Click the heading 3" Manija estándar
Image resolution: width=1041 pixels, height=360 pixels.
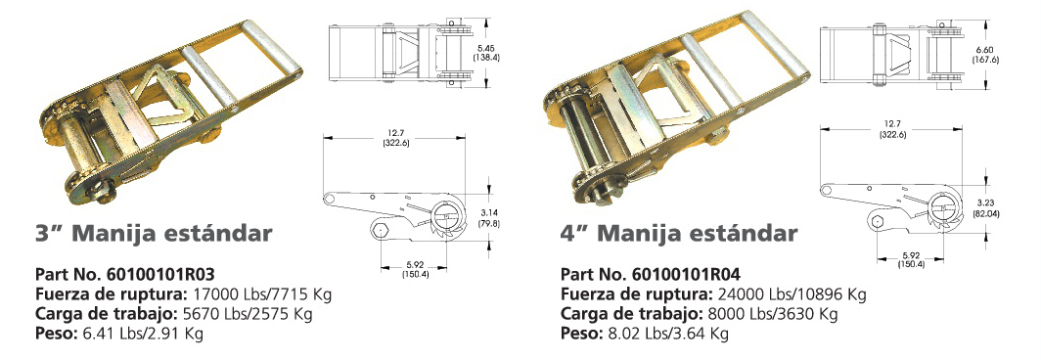154,234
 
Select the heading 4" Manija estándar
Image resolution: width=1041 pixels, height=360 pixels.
679,234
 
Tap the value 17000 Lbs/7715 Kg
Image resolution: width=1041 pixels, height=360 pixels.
261,293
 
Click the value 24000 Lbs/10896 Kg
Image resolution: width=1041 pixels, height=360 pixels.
792,293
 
